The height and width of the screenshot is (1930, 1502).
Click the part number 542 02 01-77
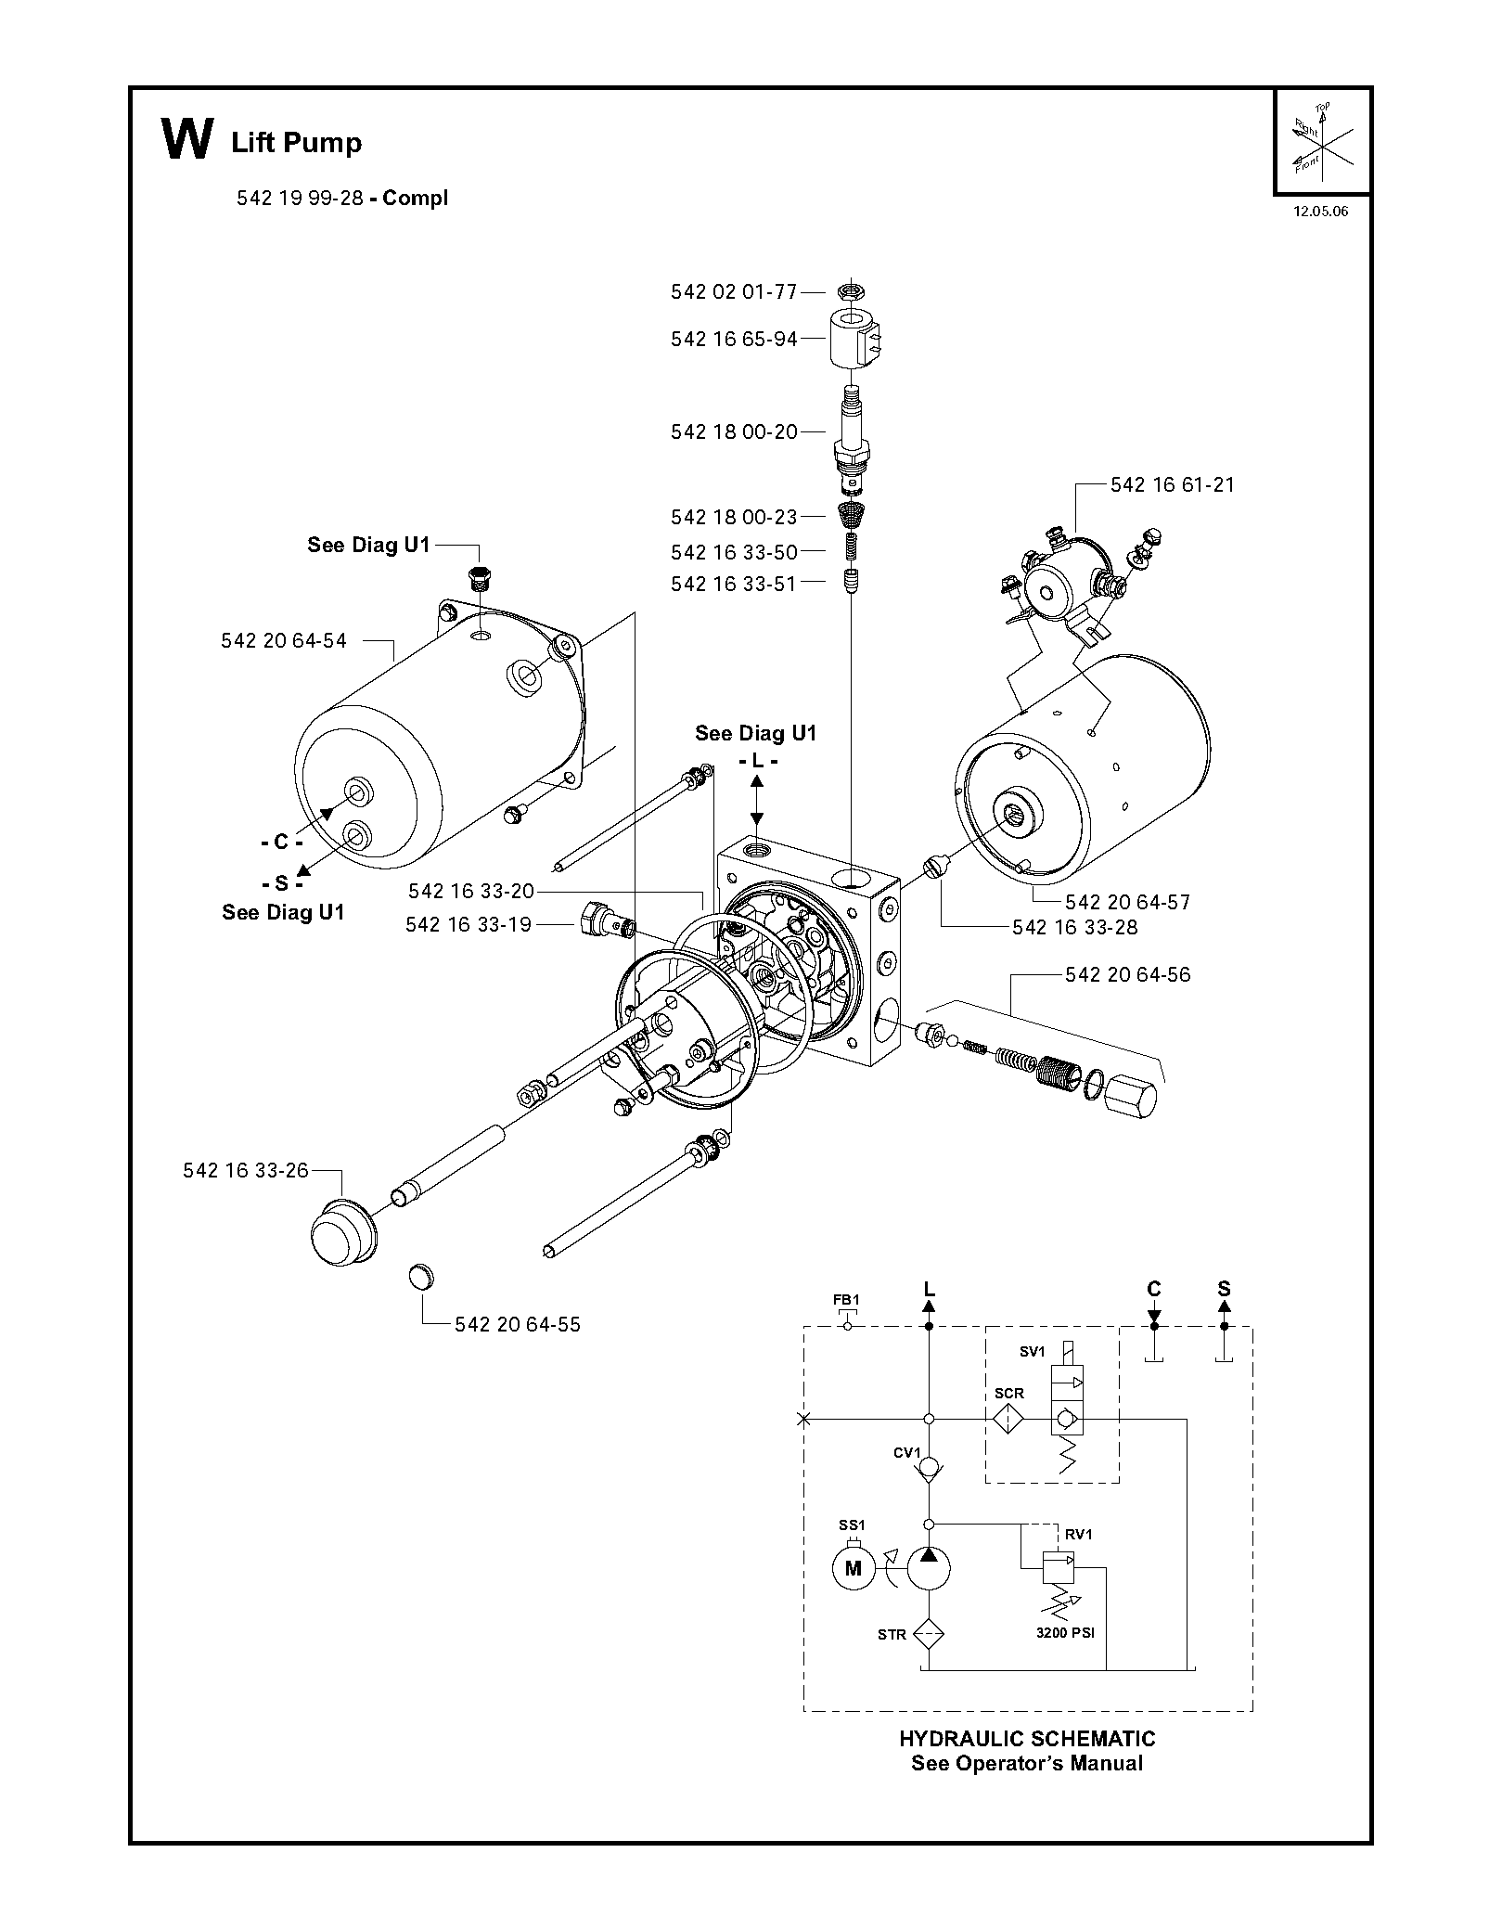click(x=734, y=292)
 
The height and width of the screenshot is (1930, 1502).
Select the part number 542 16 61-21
click(x=1173, y=484)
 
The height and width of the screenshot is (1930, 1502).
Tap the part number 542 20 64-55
click(x=518, y=1324)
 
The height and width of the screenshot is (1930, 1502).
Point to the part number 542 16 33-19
click(x=469, y=925)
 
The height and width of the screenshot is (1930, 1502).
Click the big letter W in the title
click(x=187, y=140)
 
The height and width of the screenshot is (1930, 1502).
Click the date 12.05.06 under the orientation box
click(x=1321, y=211)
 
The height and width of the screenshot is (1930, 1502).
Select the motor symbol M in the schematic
click(x=854, y=1568)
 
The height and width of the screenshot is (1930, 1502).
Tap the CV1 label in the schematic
click(x=906, y=1452)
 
